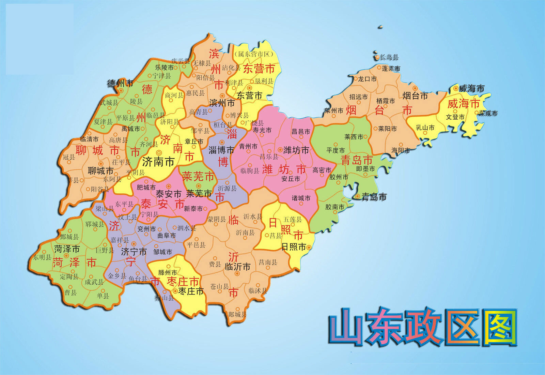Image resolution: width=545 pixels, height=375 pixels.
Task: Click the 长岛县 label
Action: click(389, 57)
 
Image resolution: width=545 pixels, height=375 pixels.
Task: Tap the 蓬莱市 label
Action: click(391, 69)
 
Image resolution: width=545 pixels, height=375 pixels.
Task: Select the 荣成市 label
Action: click(488, 113)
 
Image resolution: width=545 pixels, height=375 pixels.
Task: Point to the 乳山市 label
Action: click(425, 127)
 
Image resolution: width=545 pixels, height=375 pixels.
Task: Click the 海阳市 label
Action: click(401, 150)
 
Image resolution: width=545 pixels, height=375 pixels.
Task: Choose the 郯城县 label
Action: click(237, 314)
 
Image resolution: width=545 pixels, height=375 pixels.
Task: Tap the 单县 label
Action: click(103, 295)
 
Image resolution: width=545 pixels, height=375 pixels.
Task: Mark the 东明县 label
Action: click(42, 257)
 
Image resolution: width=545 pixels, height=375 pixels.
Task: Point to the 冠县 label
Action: click(69, 157)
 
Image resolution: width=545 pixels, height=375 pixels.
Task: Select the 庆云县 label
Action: click(181, 61)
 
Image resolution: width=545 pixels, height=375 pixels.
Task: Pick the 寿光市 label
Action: click(262, 130)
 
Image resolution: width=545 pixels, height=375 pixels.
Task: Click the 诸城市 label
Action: click(301, 198)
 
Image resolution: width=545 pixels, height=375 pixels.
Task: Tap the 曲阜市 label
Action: click(167, 236)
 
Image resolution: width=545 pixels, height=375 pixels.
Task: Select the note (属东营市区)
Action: click(254, 54)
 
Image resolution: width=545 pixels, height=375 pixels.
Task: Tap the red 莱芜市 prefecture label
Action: click(198, 176)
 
